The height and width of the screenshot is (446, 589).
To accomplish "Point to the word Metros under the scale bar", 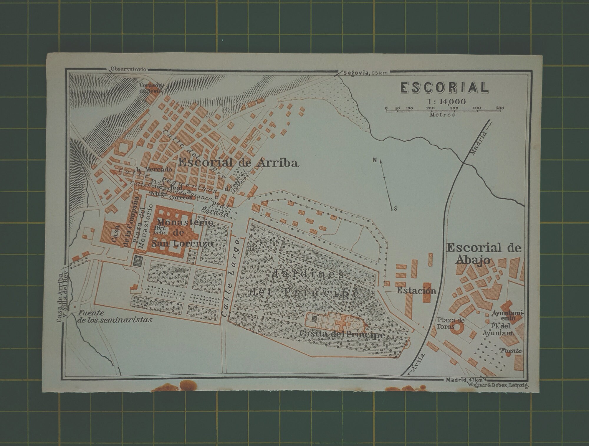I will (x=442, y=115).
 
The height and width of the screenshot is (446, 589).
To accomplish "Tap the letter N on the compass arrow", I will (x=375, y=160).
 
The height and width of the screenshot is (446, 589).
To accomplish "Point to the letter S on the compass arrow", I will (x=396, y=209).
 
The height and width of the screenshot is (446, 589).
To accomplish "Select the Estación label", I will (x=416, y=291).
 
